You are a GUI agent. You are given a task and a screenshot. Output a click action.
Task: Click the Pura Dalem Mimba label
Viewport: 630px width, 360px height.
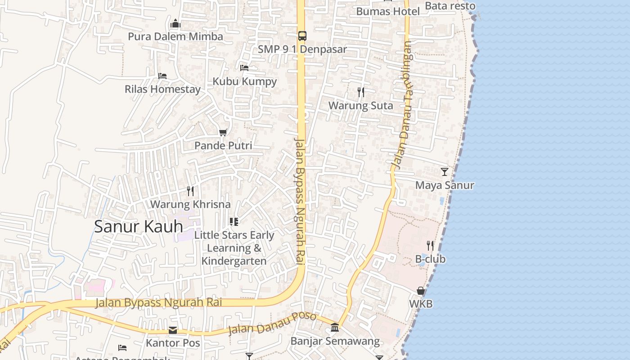tap(175, 36)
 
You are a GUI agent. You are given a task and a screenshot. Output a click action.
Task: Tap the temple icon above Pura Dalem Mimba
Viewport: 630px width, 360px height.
tap(175, 23)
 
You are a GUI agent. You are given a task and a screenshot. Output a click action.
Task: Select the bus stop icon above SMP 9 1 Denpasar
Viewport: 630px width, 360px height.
tap(302, 36)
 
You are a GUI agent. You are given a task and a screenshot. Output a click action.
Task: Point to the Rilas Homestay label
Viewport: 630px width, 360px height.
tap(162, 89)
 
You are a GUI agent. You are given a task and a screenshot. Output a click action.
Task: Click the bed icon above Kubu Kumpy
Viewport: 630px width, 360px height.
tap(244, 68)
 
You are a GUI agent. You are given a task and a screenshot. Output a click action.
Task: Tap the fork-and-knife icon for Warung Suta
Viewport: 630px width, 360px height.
tap(360, 92)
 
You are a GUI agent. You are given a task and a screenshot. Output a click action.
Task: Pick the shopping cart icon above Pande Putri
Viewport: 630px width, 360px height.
tap(223, 132)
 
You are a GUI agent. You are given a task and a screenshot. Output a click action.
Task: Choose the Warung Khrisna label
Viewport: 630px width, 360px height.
tap(190, 204)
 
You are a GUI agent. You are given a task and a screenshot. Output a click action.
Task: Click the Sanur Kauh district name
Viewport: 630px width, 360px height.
tap(139, 226)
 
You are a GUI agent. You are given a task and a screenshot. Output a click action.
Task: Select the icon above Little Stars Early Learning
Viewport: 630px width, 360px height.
tap(234, 221)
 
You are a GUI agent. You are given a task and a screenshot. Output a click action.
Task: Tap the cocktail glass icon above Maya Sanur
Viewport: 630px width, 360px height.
tap(445, 172)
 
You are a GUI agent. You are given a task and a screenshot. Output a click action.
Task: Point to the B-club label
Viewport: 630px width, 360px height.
tap(430, 259)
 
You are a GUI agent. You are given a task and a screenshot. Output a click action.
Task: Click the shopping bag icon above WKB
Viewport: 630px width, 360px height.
tap(420, 291)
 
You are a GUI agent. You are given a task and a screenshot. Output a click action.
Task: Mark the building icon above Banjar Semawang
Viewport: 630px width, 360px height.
tap(335, 328)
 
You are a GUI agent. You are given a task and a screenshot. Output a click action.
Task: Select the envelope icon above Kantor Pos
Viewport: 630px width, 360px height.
tap(173, 330)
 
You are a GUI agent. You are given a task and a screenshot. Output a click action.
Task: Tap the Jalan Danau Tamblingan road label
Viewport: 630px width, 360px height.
tap(402, 106)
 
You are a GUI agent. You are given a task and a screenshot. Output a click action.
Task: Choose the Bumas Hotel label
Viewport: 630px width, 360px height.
tap(388, 11)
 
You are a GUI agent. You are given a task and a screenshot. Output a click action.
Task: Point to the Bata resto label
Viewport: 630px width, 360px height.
tap(450, 6)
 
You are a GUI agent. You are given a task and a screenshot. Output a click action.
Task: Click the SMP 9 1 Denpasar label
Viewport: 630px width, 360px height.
tap(302, 49)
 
